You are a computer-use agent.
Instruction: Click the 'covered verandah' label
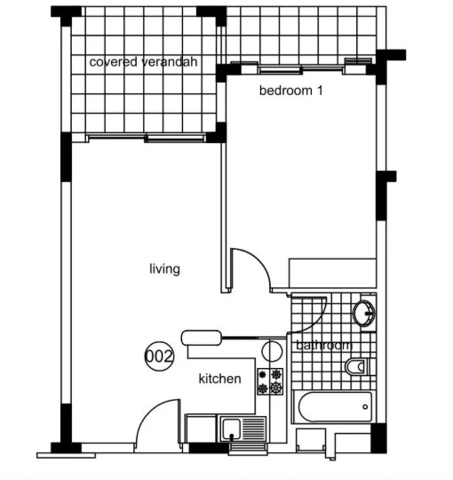point(143,62)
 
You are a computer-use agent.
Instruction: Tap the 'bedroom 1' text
point(290,91)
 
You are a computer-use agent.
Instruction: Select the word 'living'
point(164,269)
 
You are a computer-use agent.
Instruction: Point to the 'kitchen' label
point(220,379)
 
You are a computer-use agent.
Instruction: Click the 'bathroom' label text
point(324,345)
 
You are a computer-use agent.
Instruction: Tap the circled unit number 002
point(159,356)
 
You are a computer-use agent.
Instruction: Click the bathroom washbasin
point(363,313)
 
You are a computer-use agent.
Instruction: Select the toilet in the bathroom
point(357,366)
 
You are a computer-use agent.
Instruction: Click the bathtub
point(335,407)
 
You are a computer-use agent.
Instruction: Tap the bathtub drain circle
point(365,407)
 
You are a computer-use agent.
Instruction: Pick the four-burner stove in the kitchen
point(270,381)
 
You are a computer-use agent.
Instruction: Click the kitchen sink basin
point(231,429)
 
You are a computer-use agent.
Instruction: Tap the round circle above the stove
point(272,351)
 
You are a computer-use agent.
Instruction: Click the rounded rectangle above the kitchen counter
point(202,338)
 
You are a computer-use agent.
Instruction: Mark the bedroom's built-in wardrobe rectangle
point(332,273)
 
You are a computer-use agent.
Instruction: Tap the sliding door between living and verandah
point(147,138)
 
